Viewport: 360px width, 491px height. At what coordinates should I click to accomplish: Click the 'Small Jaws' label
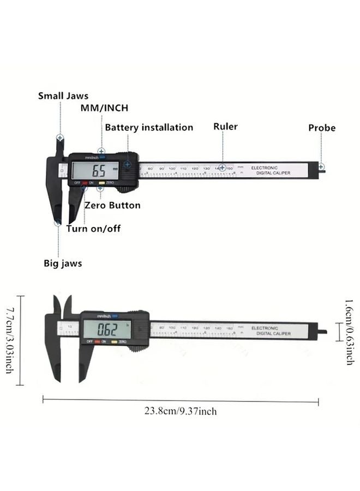pos(63,96)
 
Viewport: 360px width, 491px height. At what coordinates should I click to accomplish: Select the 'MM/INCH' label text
pos(104,108)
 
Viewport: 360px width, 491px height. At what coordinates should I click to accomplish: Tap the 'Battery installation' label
pos(149,128)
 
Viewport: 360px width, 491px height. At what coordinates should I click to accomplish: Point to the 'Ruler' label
pos(225,127)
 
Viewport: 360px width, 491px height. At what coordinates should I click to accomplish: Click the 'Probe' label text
pos(322,128)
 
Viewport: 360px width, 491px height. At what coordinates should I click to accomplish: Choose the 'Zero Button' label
pos(112,206)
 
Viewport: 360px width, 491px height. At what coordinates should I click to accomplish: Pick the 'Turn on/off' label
pos(93,229)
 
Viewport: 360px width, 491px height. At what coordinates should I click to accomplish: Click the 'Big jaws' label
pos(63,264)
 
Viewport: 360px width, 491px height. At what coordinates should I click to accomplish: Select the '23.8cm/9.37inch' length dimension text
pos(180,411)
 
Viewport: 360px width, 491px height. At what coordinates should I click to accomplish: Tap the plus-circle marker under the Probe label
pos(321,166)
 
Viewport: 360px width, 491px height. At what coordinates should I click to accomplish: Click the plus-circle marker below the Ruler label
pos(223,168)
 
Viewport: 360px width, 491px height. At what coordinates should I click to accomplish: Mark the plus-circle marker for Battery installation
pos(127,163)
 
